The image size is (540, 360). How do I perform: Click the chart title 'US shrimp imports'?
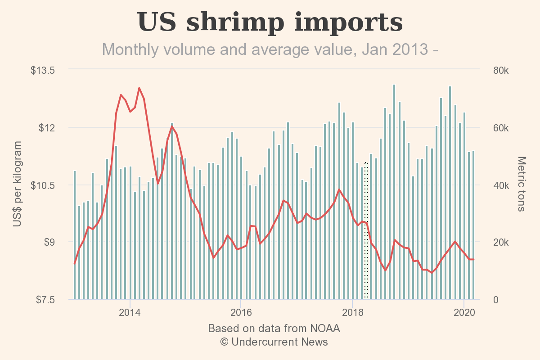[x=270, y=22]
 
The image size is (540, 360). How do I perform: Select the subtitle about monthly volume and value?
[x=270, y=49]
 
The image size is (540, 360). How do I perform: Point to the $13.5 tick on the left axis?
[x=43, y=71]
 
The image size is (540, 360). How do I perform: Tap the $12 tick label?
[x=47, y=128]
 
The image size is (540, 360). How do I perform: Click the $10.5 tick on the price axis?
[x=43, y=185]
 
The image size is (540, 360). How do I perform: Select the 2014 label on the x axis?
[x=130, y=312]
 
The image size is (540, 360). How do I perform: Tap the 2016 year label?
[x=241, y=312]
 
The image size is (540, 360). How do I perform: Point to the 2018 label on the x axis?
[x=353, y=312]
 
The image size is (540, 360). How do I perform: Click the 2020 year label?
[x=464, y=312]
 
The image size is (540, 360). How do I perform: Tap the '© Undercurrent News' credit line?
[x=274, y=342]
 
